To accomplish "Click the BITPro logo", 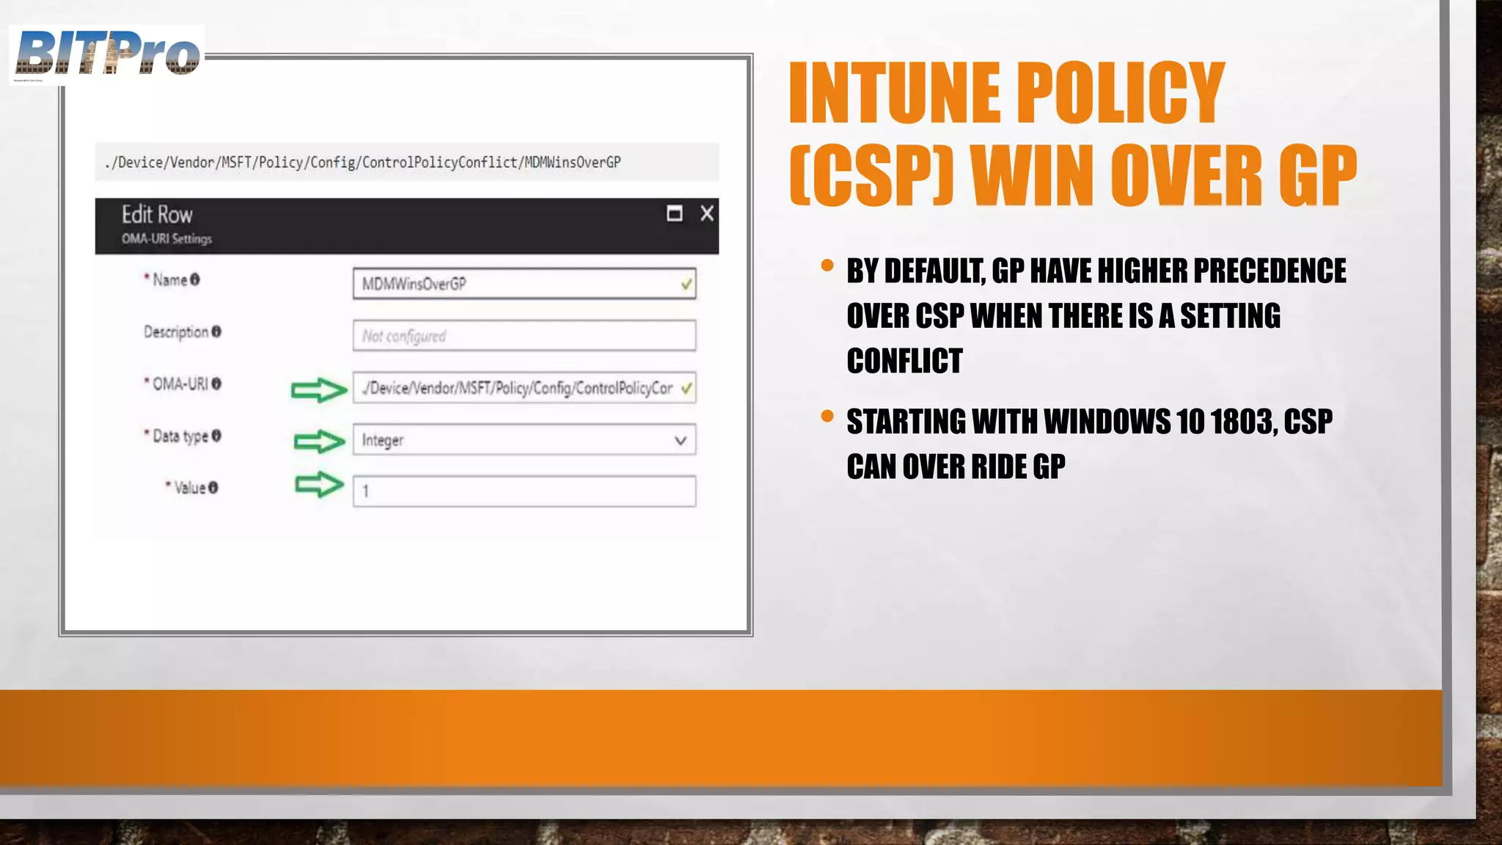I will [107, 54].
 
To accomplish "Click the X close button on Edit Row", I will [706, 213].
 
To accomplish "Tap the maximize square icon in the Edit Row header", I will [674, 213].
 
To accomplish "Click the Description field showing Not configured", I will [524, 336].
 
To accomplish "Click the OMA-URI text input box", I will [516, 388].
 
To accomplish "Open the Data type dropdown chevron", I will [680, 440].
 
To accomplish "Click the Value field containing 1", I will [524, 491].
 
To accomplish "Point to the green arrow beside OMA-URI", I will [318, 389].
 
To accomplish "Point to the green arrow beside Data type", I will [319, 441].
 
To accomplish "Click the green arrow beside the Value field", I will [319, 485].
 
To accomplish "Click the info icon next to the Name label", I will [195, 279].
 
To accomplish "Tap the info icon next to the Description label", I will [216, 332].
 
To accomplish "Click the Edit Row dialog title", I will [157, 215].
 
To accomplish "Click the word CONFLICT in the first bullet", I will [904, 361].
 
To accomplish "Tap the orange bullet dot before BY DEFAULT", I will [827, 266].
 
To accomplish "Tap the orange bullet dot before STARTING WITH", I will [827, 417].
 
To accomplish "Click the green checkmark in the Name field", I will [686, 284].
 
